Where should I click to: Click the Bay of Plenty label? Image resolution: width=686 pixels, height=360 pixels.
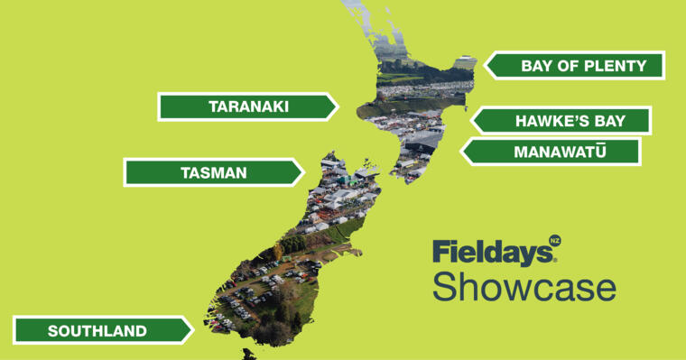583,65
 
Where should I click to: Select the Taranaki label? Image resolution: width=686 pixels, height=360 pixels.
248,106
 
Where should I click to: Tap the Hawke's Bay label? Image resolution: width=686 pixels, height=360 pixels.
570,121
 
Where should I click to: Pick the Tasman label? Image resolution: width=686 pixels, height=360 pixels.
213,172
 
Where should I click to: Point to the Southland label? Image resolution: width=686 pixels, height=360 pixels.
97,330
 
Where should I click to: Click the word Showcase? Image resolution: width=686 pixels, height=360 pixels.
524,285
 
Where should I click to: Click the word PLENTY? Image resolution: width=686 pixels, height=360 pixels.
614,65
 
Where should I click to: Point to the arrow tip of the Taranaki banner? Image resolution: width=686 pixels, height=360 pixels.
336,106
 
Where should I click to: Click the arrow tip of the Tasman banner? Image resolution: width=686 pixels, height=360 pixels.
302,172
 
